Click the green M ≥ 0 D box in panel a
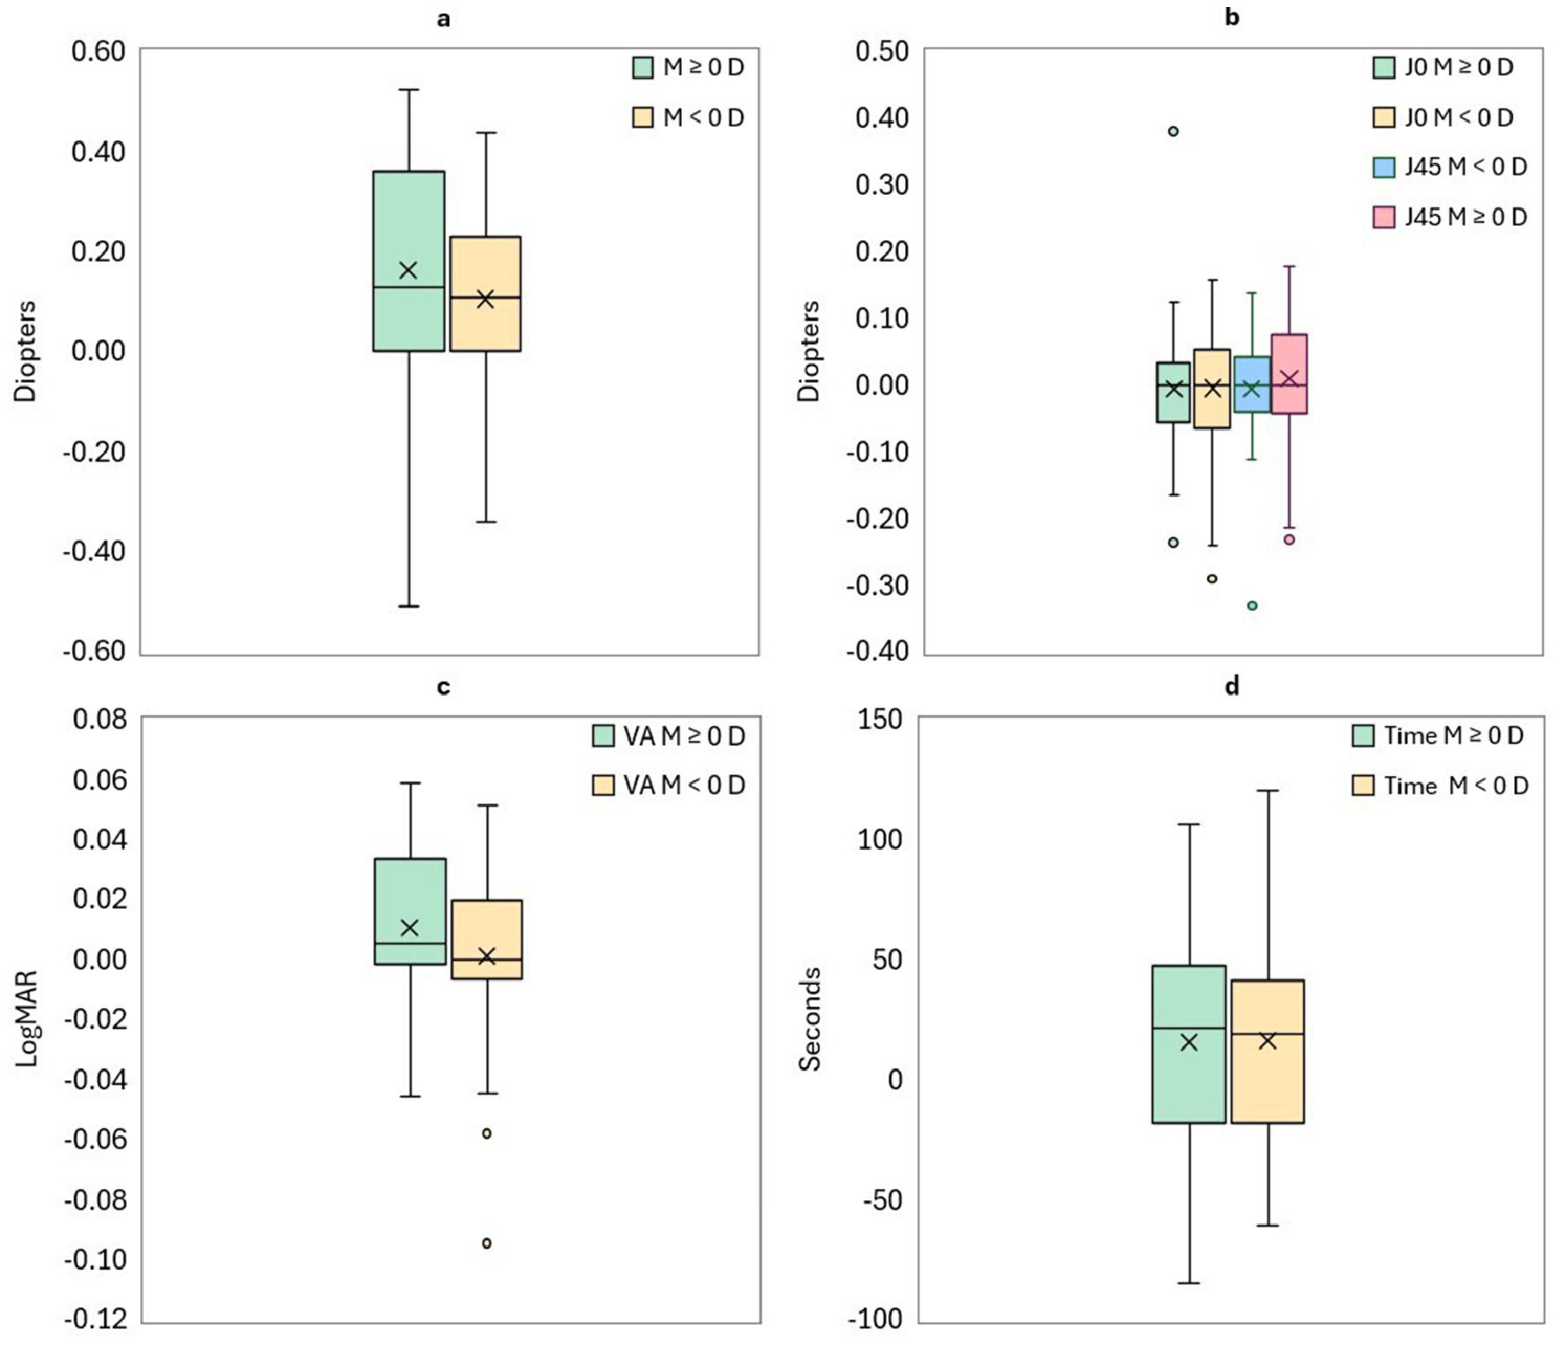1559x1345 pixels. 408,261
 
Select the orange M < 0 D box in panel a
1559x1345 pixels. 485,294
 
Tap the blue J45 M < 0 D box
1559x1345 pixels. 1252,384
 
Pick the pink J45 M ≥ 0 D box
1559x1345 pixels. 1289,373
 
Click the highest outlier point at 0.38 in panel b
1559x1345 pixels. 1173,131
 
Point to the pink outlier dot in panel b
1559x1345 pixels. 1289,539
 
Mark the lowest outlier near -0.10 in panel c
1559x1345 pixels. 487,1244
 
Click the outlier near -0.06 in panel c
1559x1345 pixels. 487,1133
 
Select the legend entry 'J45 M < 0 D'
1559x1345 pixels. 1450,167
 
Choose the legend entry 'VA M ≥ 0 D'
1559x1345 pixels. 669,735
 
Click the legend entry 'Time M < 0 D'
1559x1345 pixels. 1440,785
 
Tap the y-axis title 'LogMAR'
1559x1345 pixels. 27,1018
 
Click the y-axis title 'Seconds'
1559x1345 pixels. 810,1019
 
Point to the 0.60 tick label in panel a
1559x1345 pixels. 98,51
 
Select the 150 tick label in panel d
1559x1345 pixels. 880,719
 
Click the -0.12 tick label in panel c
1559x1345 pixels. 95,1319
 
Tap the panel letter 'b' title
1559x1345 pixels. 1233,17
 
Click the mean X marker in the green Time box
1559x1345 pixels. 1189,1042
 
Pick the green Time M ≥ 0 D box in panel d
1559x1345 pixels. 1189,1044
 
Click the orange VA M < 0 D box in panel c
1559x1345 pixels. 487,939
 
